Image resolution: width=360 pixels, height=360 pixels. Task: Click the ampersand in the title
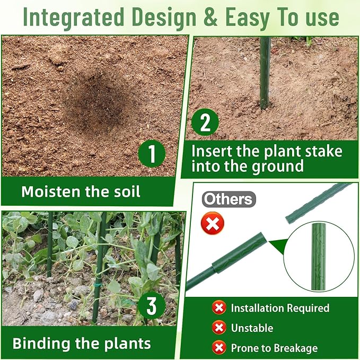point(210,17)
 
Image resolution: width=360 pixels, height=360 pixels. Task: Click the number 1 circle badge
point(152,154)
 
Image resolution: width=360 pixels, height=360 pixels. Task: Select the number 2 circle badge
point(205,122)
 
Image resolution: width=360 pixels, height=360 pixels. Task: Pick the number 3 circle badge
point(152,305)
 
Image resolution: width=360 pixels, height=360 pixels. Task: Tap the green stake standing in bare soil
point(265,73)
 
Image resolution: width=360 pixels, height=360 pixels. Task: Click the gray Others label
point(229,199)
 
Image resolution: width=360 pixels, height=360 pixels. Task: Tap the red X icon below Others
point(213,223)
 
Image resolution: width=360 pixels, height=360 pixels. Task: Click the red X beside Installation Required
point(219,308)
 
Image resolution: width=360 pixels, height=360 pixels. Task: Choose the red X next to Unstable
point(219,328)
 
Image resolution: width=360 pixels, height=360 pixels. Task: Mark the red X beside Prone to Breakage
point(219,348)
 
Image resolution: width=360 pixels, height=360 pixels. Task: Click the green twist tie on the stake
point(98,285)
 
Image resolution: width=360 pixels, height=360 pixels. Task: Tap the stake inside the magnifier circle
point(319,257)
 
